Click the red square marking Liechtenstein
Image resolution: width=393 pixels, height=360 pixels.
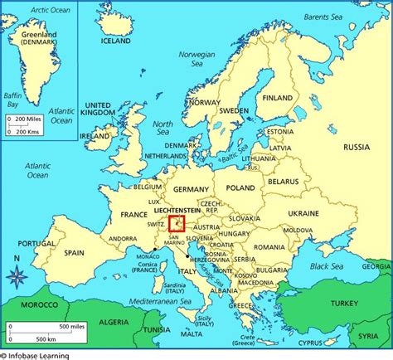[x=177, y=223]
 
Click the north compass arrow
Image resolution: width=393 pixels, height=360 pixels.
[x=17, y=271]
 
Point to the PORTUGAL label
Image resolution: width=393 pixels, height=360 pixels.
[x=36, y=244]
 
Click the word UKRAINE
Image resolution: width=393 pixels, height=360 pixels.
[x=303, y=213]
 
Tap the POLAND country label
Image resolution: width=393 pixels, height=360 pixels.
[x=240, y=188]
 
